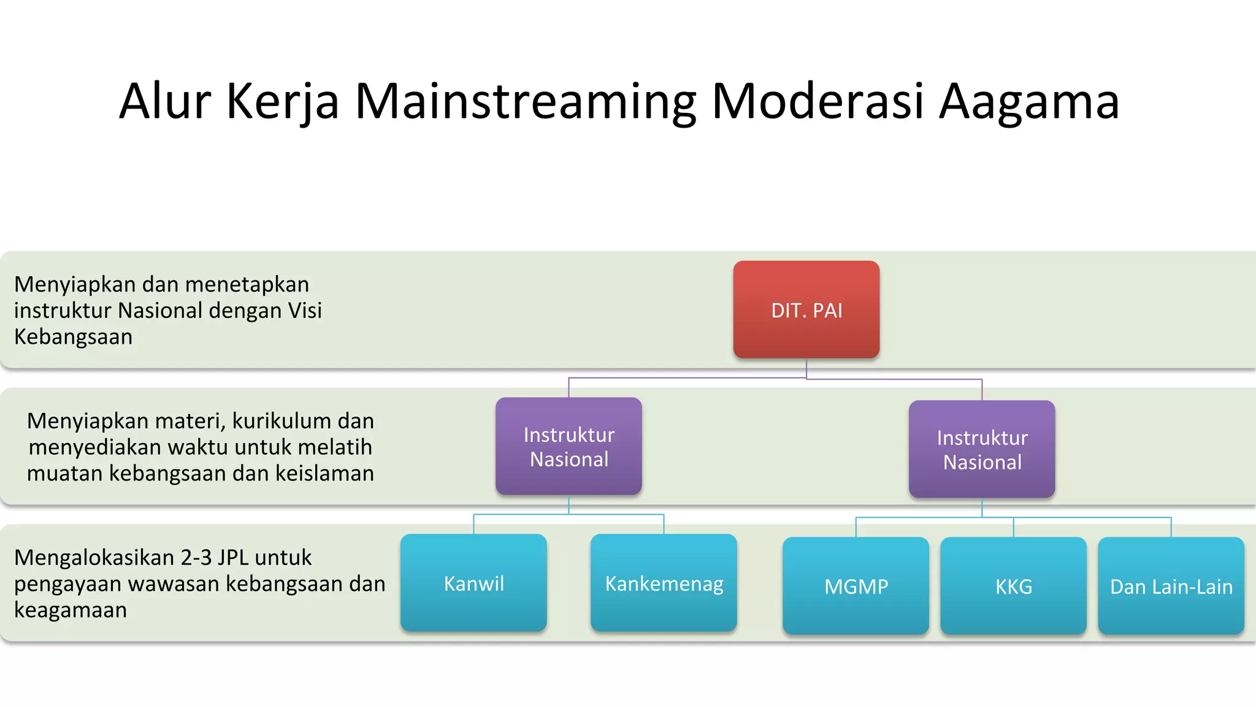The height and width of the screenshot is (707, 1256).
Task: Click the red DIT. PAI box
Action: (806, 309)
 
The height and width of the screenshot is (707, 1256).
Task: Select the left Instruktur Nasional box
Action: (569, 446)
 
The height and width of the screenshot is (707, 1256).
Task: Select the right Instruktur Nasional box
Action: (982, 449)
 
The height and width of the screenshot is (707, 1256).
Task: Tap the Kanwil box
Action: (473, 583)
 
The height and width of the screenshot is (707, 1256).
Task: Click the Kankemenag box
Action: (664, 583)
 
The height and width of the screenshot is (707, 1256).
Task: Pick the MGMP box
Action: (856, 586)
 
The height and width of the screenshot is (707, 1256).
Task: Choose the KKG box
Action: (1013, 586)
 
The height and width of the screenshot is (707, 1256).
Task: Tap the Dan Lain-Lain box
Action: (1171, 586)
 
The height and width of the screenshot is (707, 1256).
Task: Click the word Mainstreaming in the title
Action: (526, 101)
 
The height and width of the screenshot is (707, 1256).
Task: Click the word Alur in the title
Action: (165, 101)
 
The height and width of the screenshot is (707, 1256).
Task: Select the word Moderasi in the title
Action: (818, 101)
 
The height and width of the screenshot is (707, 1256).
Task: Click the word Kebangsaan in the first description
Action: (73, 336)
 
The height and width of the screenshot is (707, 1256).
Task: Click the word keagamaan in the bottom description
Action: (71, 610)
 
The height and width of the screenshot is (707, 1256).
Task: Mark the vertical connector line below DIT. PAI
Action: (806, 368)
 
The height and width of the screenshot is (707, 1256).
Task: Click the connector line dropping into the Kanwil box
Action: (474, 524)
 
